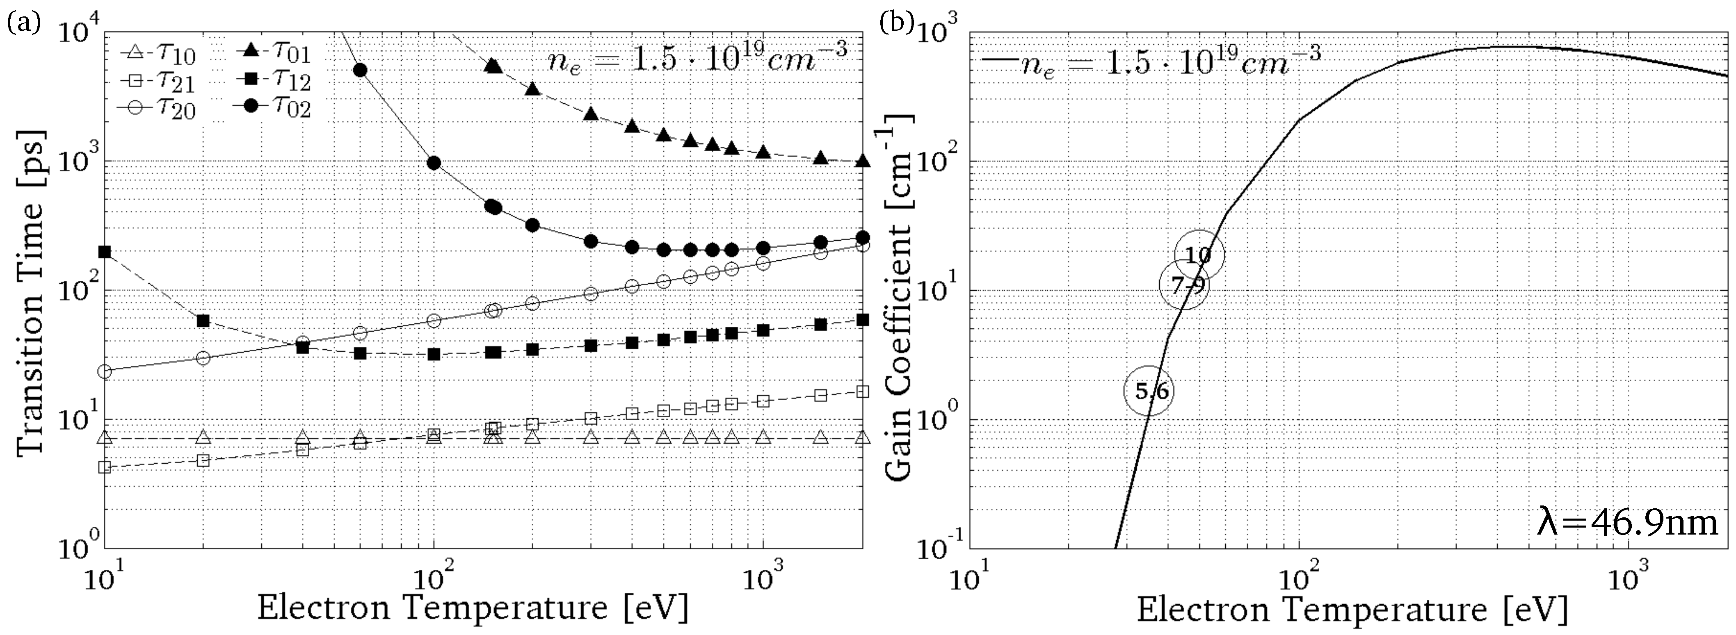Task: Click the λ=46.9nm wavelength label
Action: click(1628, 522)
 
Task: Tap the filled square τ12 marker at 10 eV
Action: click(105, 252)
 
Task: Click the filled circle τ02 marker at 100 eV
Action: click(434, 163)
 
